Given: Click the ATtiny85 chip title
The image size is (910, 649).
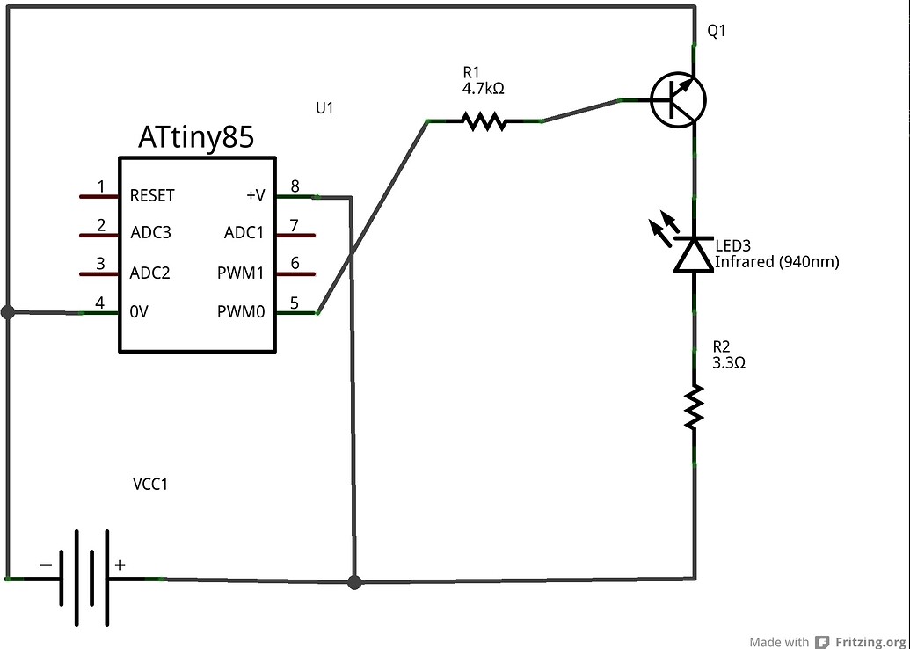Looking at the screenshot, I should (196, 138).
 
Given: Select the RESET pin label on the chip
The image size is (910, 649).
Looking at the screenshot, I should (152, 195).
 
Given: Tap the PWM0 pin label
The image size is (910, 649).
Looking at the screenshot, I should (241, 311).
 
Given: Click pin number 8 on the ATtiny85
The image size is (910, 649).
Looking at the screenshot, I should (295, 186).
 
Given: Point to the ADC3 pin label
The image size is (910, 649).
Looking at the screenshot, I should (150, 233).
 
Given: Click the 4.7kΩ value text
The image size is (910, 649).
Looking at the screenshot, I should (483, 89).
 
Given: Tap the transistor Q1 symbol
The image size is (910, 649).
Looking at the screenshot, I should (678, 100).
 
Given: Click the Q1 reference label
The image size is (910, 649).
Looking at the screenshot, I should (717, 32).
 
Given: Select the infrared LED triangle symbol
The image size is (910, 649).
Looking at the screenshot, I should (694, 255).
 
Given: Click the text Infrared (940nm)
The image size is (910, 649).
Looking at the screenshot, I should (776, 262).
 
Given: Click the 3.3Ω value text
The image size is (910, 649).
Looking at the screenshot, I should (729, 362).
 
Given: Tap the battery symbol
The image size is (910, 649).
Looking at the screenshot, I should (84, 579).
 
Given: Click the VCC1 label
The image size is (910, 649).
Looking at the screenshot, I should (150, 484).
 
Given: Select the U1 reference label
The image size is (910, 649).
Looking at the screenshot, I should (324, 108).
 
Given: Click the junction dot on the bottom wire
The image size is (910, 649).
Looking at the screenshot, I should (354, 581).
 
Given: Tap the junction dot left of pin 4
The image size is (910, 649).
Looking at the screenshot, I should (8, 311).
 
